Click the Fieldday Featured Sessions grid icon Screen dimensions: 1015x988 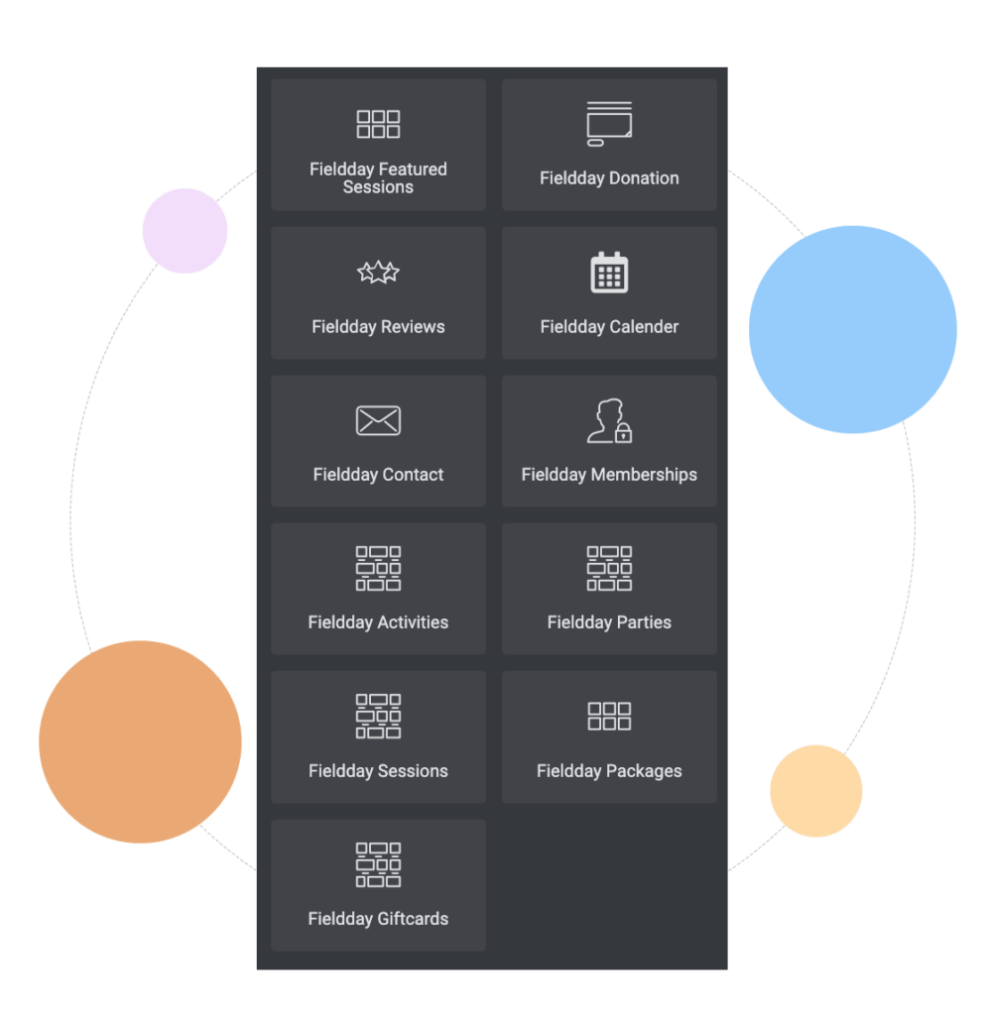[x=378, y=124]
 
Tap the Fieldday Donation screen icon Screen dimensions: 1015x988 [x=609, y=124]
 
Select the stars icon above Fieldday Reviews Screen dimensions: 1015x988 [x=378, y=272]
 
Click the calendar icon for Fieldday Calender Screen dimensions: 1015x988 [x=609, y=272]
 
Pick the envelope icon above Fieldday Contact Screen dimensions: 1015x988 [x=378, y=420]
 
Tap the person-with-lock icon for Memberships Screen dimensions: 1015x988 [x=609, y=420]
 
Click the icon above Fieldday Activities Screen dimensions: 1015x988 [x=378, y=568]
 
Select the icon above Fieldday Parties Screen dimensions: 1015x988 [x=609, y=568]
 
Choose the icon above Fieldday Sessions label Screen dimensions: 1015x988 [x=378, y=716]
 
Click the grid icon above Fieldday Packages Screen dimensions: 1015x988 [x=609, y=716]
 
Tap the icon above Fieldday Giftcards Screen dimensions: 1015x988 [x=378, y=864]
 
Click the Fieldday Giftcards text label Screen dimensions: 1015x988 [x=378, y=919]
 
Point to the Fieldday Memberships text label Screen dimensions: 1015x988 [x=609, y=475]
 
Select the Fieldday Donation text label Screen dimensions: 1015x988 [x=609, y=178]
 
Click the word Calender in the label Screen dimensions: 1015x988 [x=645, y=326]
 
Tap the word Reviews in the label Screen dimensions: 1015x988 [x=414, y=326]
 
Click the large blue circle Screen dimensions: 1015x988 [x=852, y=329]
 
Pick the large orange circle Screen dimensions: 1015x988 [x=140, y=741]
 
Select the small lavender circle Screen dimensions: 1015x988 [x=185, y=231]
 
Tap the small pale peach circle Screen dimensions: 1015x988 [x=816, y=791]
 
